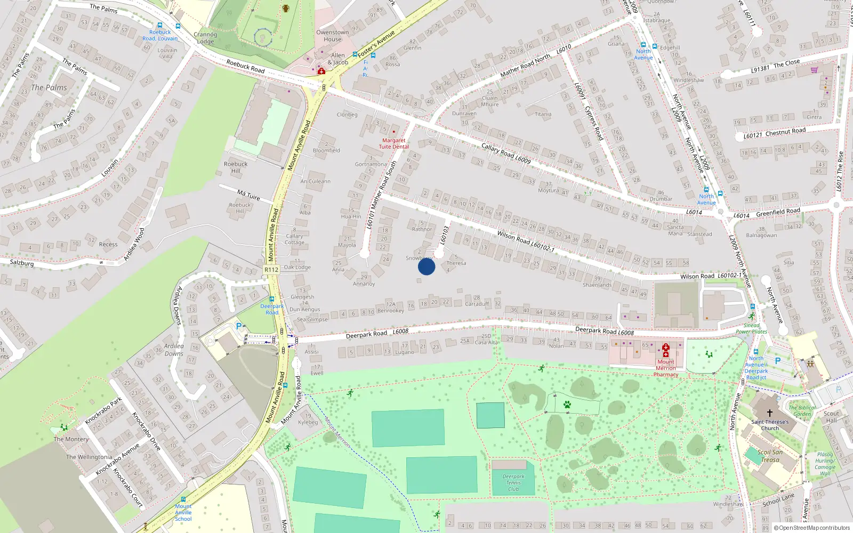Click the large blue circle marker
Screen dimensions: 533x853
coord(426,266)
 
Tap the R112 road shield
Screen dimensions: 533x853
coord(271,270)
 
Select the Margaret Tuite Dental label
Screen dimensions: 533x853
coord(394,143)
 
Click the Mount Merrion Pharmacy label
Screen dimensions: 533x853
coord(666,368)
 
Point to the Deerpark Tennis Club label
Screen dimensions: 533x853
coord(513,482)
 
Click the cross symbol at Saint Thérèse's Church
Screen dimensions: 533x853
coord(769,413)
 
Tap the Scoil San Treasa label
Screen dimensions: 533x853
coord(770,456)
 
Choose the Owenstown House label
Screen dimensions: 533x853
coord(332,36)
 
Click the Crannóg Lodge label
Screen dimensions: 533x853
coord(206,38)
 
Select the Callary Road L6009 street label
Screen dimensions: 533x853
coord(506,154)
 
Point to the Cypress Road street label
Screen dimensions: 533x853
coord(594,123)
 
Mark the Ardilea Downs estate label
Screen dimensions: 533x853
coord(174,350)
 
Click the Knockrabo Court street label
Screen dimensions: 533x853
coord(127,487)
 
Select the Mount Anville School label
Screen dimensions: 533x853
coord(183,513)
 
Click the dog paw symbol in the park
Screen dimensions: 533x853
coord(567,405)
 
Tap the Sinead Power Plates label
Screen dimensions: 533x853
coord(752,328)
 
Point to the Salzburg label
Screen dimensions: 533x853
coord(22,263)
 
